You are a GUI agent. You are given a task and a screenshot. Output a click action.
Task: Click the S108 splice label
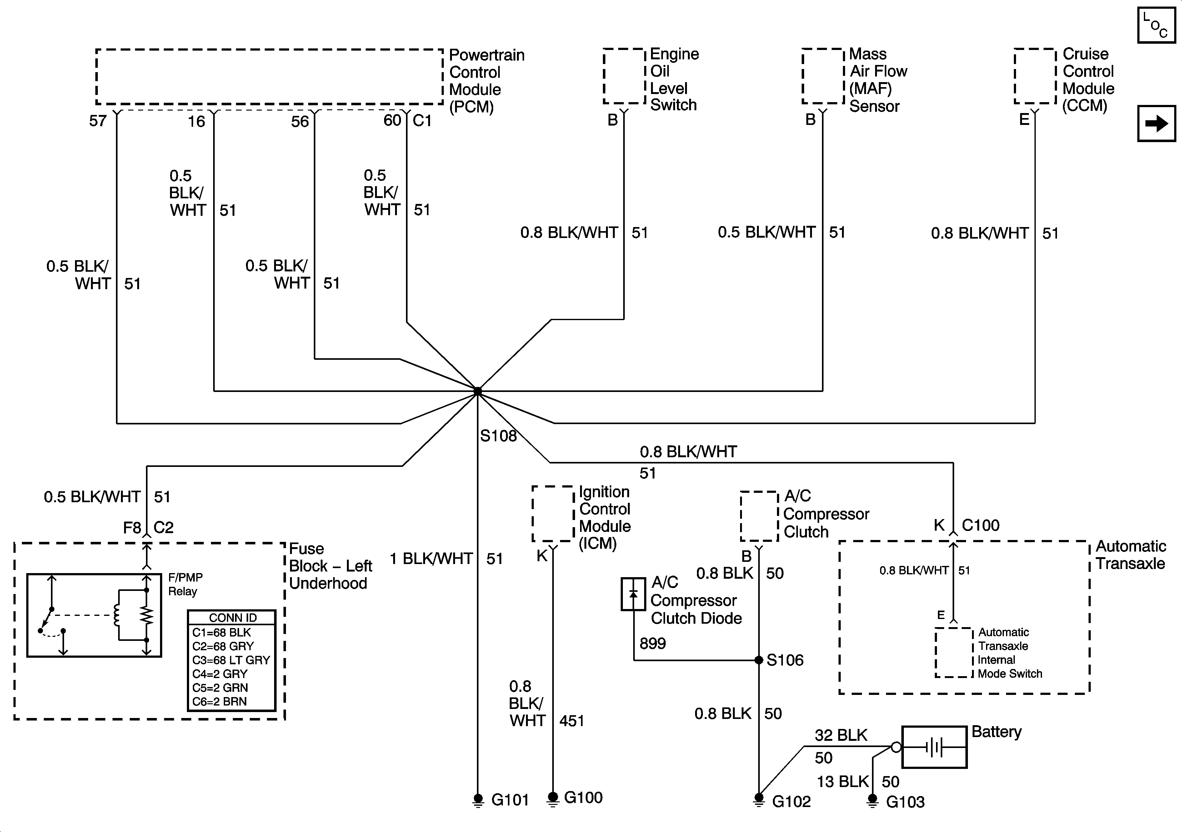[x=498, y=436]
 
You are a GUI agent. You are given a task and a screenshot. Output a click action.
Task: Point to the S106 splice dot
[x=758, y=660]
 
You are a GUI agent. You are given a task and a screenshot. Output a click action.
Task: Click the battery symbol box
[x=934, y=747]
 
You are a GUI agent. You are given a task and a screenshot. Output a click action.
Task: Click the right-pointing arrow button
[x=1156, y=123]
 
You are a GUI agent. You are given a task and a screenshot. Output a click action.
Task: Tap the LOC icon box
[x=1156, y=25]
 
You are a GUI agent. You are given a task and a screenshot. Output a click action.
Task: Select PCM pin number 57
[x=98, y=121]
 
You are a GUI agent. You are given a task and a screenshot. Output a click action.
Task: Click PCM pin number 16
[x=196, y=121]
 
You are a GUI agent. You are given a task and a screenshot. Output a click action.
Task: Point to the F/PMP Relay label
[x=185, y=584]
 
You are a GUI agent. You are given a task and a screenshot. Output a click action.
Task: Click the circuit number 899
[x=652, y=643]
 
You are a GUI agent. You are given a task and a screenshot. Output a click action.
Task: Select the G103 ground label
[x=905, y=802]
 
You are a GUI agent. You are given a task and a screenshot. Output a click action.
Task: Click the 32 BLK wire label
[x=841, y=735]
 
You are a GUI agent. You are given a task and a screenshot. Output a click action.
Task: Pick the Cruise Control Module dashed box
[x=1035, y=76]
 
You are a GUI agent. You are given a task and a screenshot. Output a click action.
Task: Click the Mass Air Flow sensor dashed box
[x=823, y=76]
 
